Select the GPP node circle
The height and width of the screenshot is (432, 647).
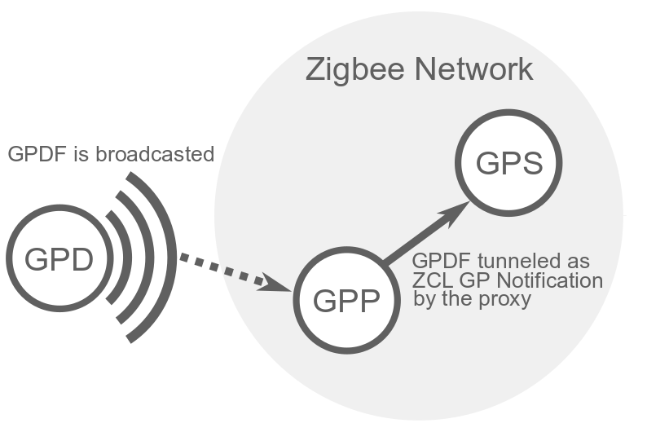(346, 302)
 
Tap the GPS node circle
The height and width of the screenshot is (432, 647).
(508, 164)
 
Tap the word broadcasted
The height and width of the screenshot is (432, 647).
(155, 154)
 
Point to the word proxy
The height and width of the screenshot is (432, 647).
(508, 301)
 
